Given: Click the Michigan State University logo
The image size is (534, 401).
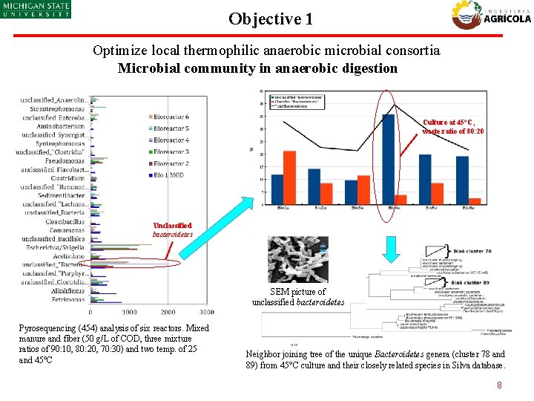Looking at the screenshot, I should [36, 9].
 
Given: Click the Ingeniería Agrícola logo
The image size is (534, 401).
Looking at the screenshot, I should [492, 14].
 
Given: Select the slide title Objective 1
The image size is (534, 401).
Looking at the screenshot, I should [270, 19].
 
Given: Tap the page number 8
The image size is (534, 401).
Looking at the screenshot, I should [500, 385].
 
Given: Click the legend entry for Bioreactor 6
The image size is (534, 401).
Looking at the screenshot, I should [170, 117].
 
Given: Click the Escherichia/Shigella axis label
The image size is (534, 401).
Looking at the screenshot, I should [56, 247].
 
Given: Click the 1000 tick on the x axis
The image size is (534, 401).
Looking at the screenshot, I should [129, 312].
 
